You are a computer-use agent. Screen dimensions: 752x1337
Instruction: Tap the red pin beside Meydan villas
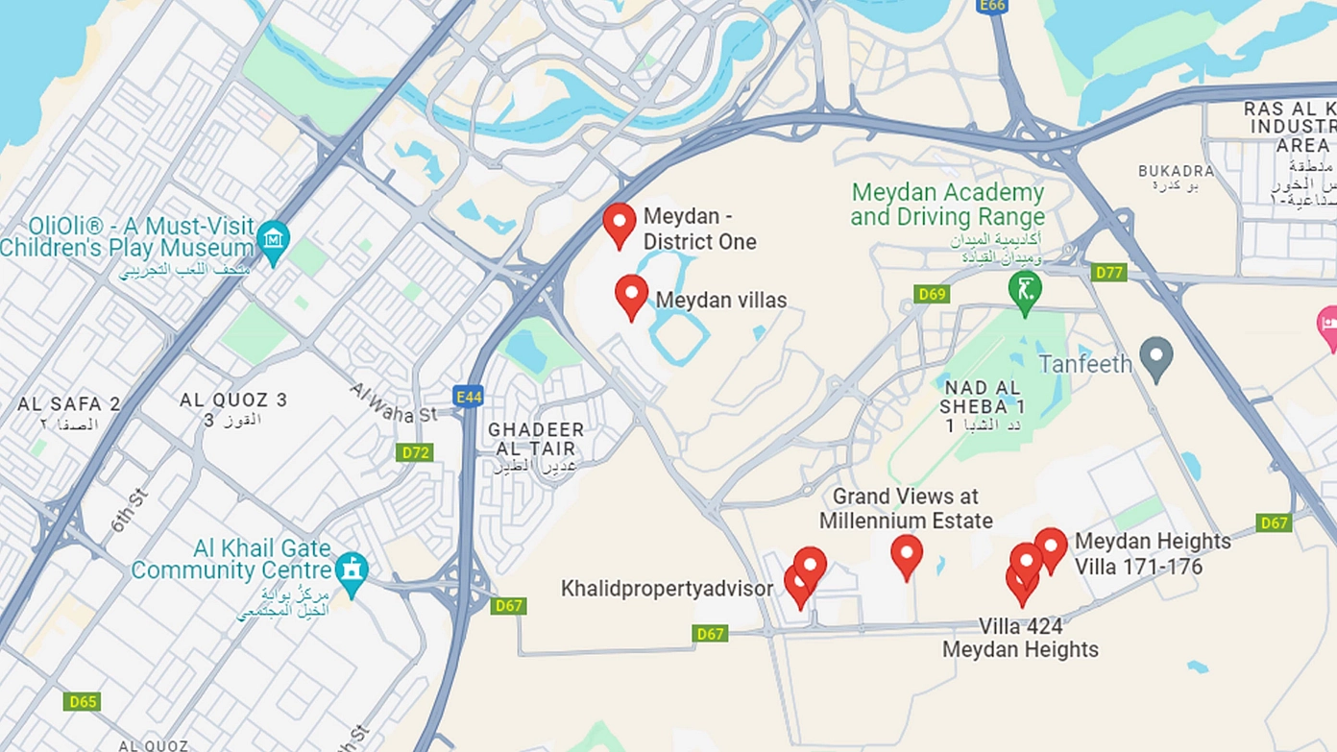pos(631,295)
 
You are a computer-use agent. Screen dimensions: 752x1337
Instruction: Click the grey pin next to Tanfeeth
pos(1155,357)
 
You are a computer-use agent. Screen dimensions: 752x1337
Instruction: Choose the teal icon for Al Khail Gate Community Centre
pos(352,571)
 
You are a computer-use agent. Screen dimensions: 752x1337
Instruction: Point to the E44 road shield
pos(468,397)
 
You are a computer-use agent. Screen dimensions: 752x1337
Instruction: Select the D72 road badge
pos(414,451)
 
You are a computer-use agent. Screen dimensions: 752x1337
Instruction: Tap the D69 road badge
pos(931,294)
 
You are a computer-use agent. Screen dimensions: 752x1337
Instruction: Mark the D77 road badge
pos(1109,273)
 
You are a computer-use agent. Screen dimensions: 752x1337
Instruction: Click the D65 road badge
pos(82,702)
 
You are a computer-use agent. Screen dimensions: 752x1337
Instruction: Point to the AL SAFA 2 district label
pos(69,404)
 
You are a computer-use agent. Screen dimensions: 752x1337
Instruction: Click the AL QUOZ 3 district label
pos(233,400)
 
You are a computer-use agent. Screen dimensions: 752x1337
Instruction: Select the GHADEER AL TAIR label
pos(536,439)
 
